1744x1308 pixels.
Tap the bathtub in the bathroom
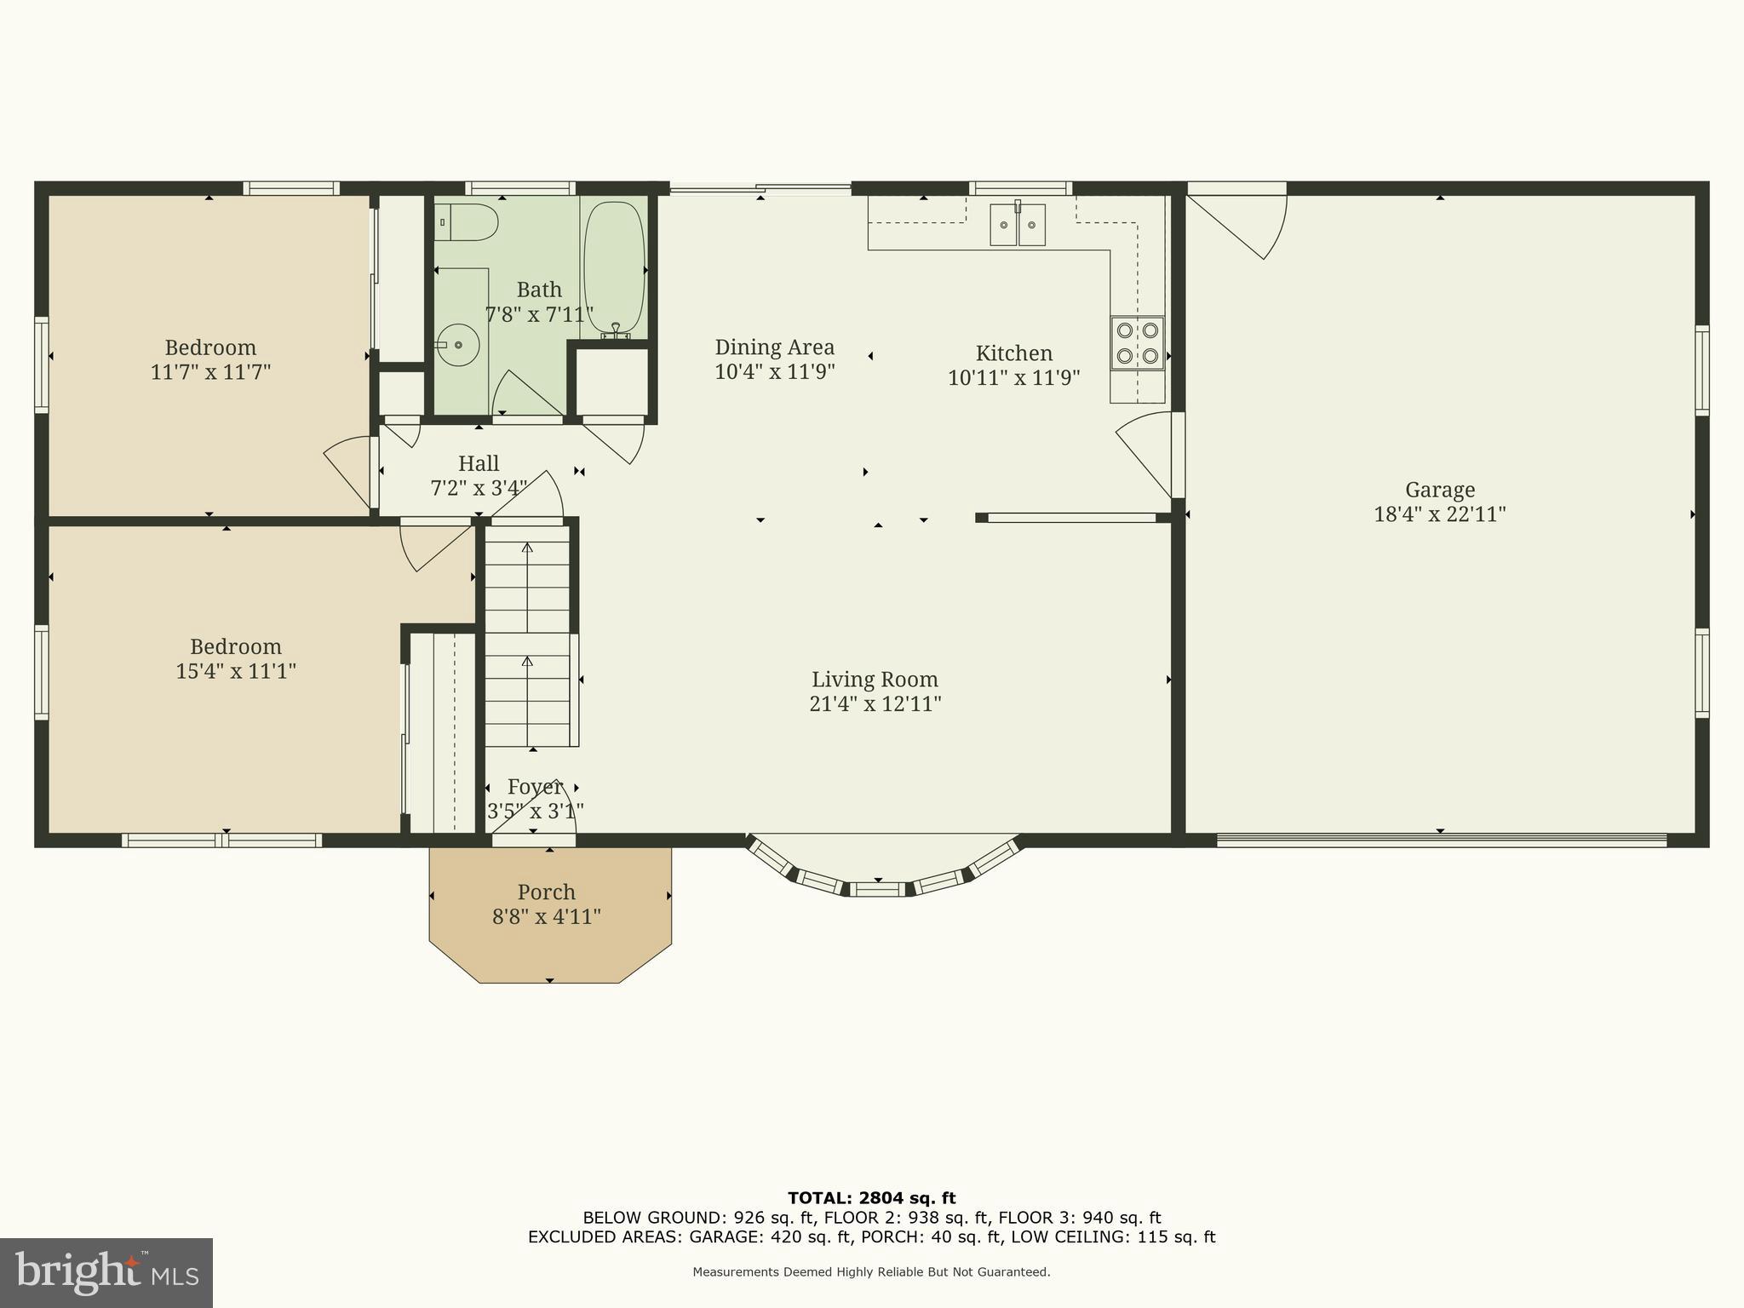pos(614,267)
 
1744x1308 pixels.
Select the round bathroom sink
pos(458,345)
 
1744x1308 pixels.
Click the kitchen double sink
pos(1017,226)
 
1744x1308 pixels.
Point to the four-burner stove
pos(1137,342)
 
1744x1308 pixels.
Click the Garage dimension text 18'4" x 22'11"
pos(1439,514)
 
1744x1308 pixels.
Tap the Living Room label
pos(875,680)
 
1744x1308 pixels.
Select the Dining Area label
pos(774,347)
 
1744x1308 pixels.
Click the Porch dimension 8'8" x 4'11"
pos(547,917)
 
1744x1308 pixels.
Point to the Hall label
pos(479,464)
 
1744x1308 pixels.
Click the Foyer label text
pos(535,787)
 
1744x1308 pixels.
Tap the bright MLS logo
pos(106,1272)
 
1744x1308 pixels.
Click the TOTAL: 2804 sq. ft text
pos(871,1199)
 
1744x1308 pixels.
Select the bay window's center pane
pos(878,890)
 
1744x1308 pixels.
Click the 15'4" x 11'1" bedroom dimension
pos(236,671)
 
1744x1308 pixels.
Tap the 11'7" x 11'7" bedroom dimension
pos(210,372)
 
